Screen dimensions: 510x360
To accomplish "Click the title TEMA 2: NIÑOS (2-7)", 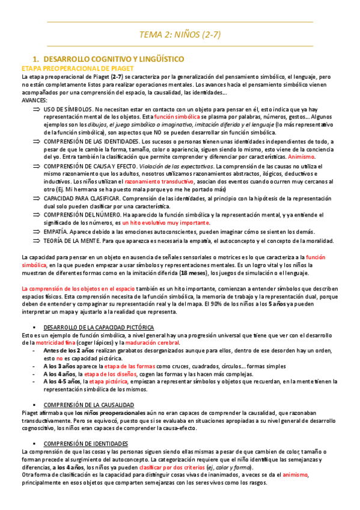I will [180, 34].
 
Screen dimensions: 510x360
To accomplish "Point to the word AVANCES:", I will [34, 100].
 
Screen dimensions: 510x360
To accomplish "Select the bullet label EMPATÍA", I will [55, 231].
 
